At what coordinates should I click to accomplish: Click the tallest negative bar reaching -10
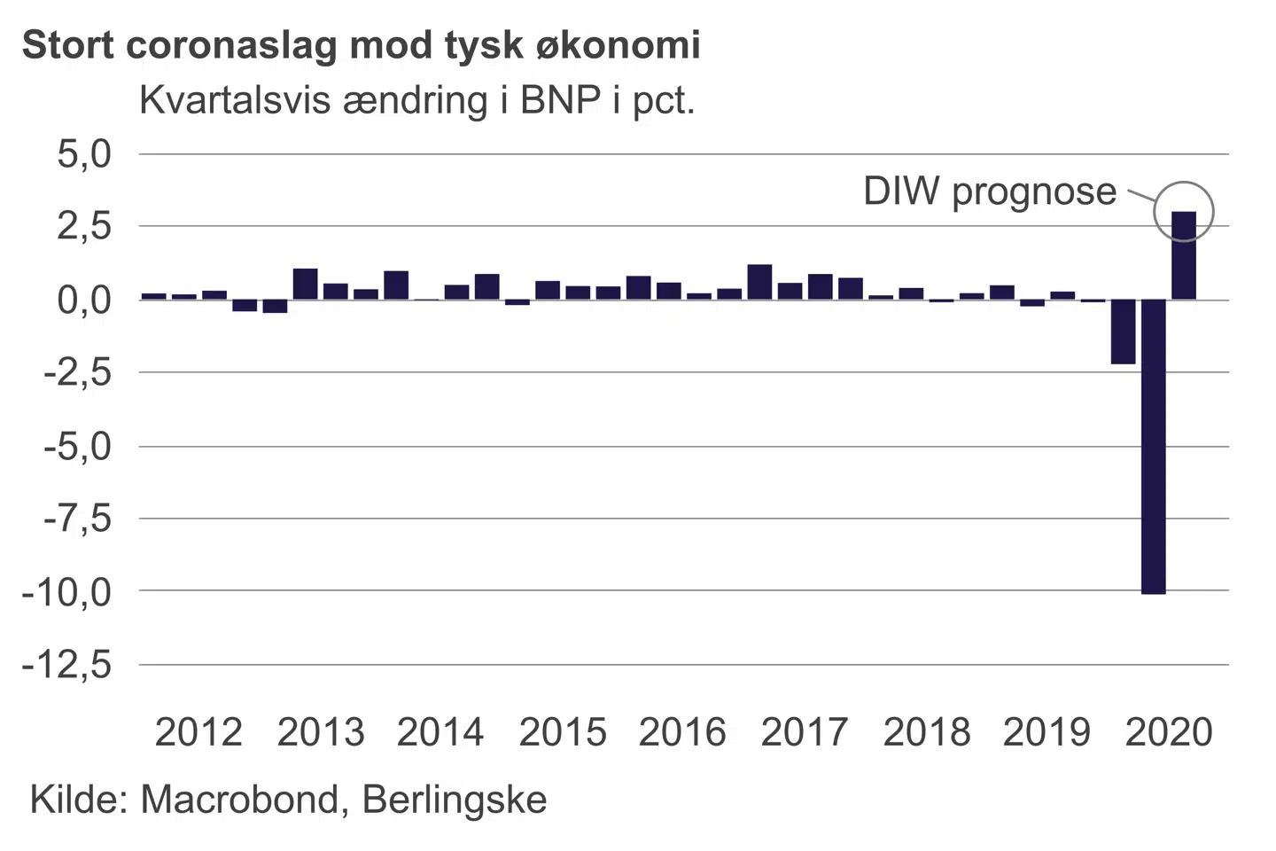pos(1154,446)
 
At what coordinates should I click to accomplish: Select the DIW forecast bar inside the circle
pos(1184,255)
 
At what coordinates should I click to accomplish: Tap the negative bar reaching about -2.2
pos(1124,332)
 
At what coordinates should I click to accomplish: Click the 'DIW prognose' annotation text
pos(990,191)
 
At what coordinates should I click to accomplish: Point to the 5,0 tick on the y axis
pos(84,154)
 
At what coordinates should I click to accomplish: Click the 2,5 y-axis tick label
pos(84,227)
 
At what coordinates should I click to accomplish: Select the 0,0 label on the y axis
pos(84,301)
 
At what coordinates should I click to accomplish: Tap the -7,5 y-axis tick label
pos(78,519)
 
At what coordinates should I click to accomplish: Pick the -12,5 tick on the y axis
pos(67,664)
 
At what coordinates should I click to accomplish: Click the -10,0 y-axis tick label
pos(67,591)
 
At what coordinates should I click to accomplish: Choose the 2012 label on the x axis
pos(198,732)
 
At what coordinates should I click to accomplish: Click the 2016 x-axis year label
pos(682,732)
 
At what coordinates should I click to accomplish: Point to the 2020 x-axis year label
pos(1168,732)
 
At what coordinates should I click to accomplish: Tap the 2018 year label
pos(926,732)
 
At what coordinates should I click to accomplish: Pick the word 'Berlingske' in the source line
pos(455,800)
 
